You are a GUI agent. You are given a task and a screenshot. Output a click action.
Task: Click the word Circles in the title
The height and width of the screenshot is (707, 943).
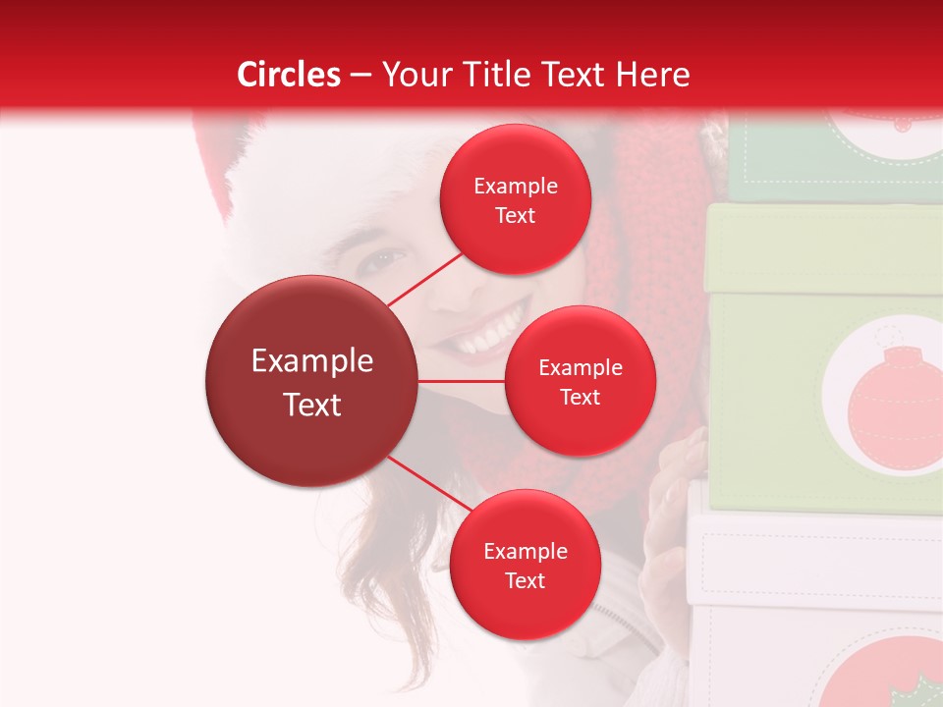(x=289, y=75)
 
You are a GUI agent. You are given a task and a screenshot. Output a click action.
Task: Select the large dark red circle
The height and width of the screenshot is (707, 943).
(x=311, y=381)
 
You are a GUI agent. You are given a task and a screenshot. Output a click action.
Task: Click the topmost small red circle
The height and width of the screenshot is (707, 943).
(x=515, y=199)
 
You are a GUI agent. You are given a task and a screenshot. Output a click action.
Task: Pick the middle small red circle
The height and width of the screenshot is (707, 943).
(x=580, y=381)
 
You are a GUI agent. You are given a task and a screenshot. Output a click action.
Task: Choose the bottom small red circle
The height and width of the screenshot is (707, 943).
(x=525, y=565)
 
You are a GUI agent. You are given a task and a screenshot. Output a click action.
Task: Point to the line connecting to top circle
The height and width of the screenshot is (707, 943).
(x=424, y=279)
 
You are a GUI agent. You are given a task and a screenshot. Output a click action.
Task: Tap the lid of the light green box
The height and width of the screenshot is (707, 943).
(x=825, y=250)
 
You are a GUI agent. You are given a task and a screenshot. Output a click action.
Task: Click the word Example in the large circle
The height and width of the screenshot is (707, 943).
(x=311, y=360)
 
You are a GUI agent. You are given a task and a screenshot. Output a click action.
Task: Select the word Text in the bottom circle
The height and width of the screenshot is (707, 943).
(x=525, y=580)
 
